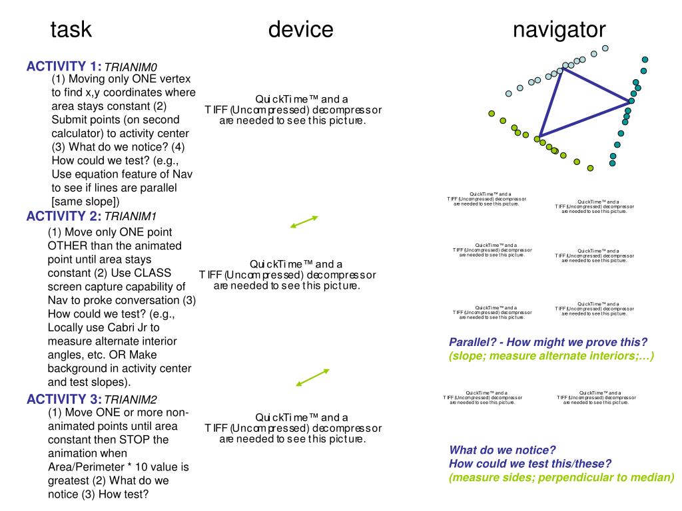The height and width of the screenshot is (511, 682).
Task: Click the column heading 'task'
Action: coord(71,30)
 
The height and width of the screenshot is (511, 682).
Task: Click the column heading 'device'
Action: coord(300,30)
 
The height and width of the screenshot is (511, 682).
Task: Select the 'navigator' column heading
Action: coord(559,30)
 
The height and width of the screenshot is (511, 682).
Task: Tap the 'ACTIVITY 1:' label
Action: coord(64,66)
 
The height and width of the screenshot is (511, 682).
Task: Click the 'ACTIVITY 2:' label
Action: coord(64,216)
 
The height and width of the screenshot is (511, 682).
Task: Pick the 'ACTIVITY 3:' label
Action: coord(64,399)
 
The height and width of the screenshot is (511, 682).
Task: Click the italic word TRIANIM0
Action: coord(131,67)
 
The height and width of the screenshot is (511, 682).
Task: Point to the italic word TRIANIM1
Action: coord(131,217)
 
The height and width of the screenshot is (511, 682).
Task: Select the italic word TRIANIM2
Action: coord(131,400)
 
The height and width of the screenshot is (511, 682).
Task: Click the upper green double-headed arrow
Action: coord(304,222)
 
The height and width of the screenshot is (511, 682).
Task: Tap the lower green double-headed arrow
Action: coord(312,377)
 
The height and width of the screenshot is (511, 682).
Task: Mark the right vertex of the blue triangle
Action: coord(629,102)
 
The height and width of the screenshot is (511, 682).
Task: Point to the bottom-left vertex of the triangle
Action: coord(539,137)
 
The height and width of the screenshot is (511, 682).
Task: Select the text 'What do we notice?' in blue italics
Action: coord(502,450)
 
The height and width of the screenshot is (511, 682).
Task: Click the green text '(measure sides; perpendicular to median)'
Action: coord(561,477)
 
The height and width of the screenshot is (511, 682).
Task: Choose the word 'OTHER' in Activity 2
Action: coord(69,246)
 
